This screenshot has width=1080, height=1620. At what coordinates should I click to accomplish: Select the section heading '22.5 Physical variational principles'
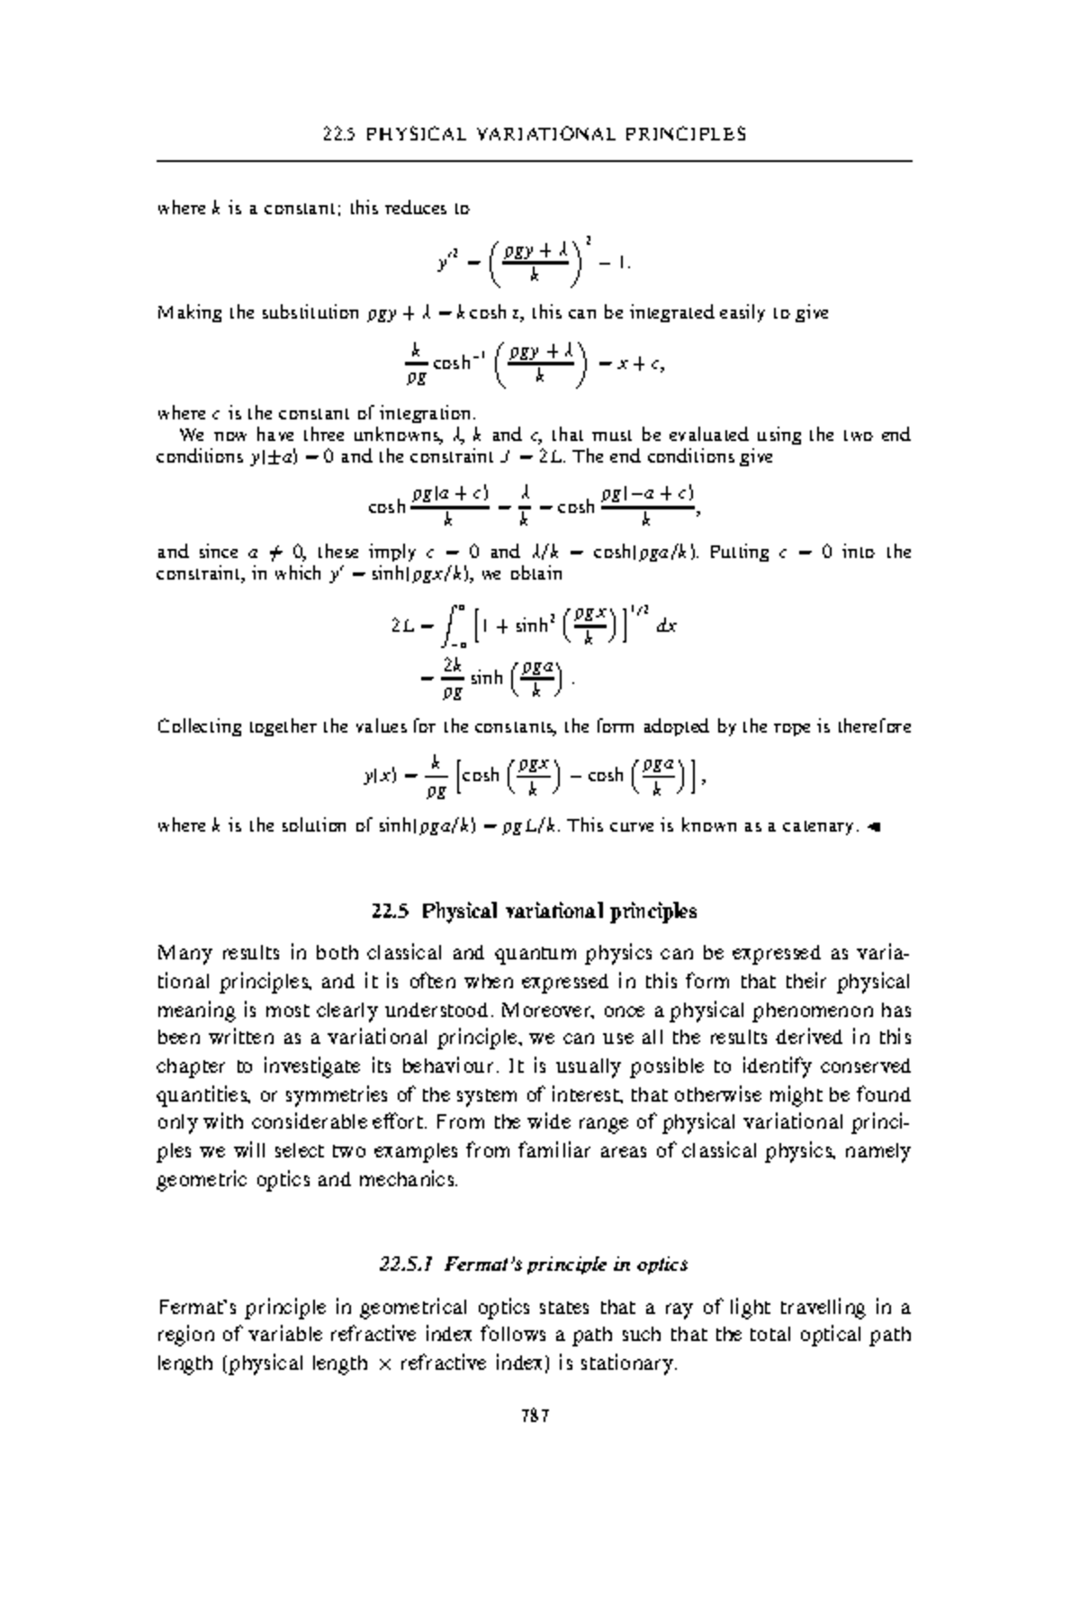(x=535, y=911)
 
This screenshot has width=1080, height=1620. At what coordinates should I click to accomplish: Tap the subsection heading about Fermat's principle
(x=535, y=1264)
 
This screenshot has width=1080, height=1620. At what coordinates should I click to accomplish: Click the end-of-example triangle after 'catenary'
(x=870, y=826)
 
